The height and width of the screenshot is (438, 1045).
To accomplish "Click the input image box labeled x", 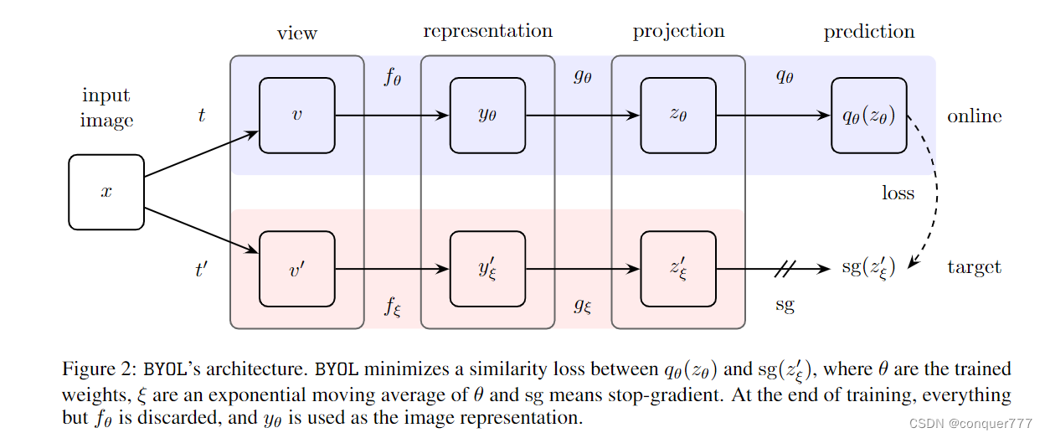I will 106,192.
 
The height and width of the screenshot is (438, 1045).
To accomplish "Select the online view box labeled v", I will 296,116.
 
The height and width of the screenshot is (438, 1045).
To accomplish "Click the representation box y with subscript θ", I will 487,116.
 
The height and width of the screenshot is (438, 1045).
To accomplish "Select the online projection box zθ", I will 677,116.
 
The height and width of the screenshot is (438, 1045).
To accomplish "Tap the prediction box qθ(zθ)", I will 868,116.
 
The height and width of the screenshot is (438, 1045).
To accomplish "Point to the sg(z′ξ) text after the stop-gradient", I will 867,268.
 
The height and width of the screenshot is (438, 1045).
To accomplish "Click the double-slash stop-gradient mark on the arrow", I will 785,269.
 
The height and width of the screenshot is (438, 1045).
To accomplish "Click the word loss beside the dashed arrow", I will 898,193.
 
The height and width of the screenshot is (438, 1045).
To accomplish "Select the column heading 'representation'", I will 487,32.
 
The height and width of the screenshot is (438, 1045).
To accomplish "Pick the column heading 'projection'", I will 678,32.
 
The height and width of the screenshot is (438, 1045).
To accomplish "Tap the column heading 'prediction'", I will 869,32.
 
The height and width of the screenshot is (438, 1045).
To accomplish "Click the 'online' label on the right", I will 974,116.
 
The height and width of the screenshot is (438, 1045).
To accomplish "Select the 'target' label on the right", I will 974,268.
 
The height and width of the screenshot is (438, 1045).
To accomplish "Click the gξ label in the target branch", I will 583,306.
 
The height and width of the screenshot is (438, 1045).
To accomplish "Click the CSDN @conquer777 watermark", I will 971,425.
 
